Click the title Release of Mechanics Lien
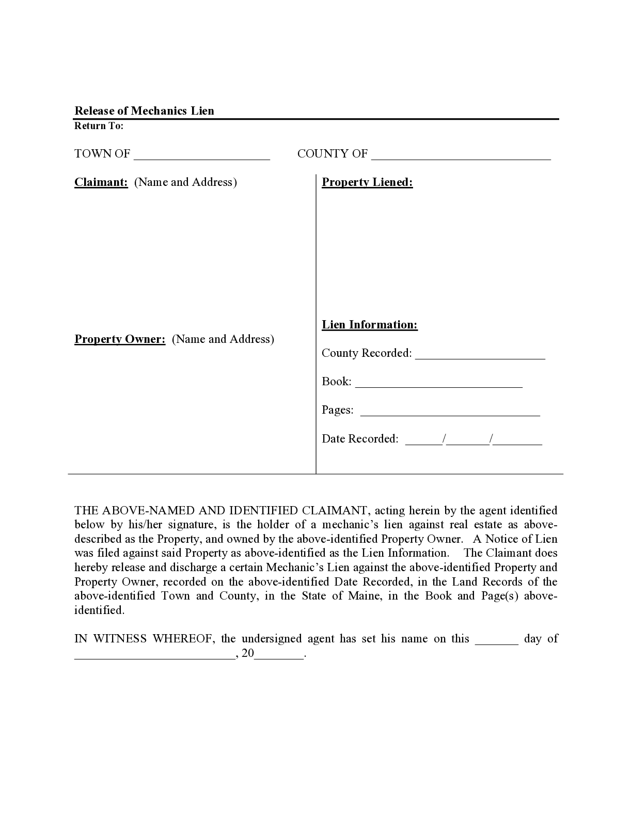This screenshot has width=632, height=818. (x=144, y=111)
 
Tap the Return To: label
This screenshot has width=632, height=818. (x=99, y=126)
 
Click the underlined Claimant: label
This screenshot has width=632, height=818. (x=101, y=182)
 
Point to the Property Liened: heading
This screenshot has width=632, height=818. (x=367, y=182)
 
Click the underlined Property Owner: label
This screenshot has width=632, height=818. (x=120, y=339)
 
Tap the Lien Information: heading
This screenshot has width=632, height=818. (x=370, y=325)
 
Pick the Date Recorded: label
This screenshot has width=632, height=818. (x=360, y=439)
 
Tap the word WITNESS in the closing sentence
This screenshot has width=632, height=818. (x=121, y=639)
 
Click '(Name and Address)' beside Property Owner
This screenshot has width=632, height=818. (x=223, y=339)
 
